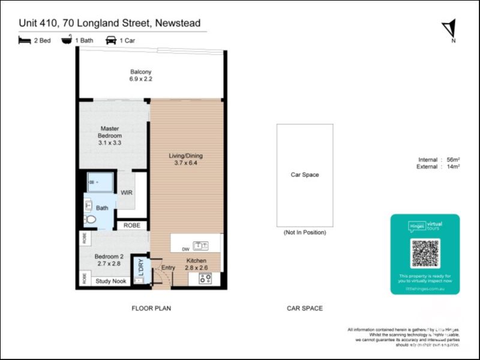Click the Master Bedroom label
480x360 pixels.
coord(110,132)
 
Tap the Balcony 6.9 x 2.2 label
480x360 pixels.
coord(141,74)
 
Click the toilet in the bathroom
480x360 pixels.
coord(90,219)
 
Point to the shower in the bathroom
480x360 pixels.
coord(100,182)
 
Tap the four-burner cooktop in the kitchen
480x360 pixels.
coord(205,278)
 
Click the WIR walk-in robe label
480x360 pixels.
coord(127,193)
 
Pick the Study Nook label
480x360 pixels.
coord(112,281)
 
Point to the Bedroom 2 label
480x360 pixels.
coord(109,260)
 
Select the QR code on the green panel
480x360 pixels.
coord(425,253)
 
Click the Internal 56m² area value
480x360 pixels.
coord(453,160)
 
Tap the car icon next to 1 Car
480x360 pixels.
coord(111,40)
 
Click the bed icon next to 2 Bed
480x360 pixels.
coord(25,40)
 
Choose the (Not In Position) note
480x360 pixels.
coord(304,232)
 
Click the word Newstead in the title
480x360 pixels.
coord(181,23)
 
